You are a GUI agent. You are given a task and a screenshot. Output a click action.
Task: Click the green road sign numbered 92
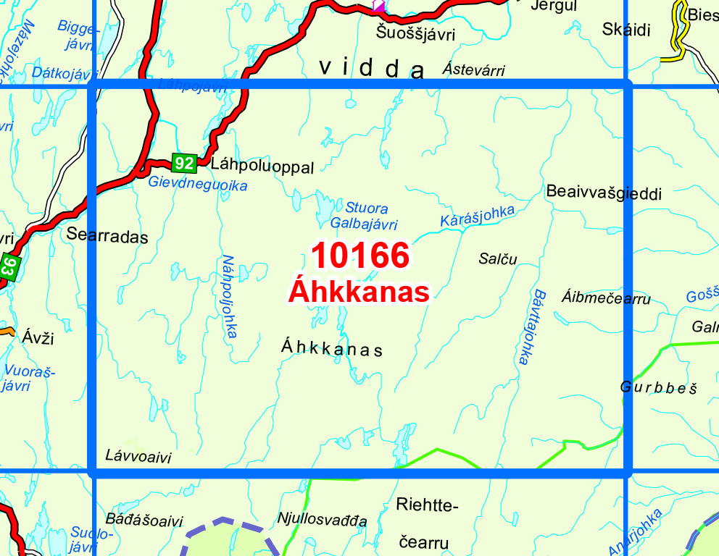tap(185, 163)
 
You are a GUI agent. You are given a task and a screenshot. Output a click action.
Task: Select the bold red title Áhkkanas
tap(359, 292)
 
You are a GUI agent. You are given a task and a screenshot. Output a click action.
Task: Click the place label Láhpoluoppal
tap(262, 167)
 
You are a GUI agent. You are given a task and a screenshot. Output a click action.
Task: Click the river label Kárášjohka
tap(478, 216)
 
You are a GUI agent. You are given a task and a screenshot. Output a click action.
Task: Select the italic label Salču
tap(498, 258)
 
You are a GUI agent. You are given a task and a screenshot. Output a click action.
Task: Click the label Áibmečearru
tap(606, 298)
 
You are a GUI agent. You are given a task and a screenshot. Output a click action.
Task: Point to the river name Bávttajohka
tap(528, 327)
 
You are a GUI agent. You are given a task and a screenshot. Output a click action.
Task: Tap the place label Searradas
tap(107, 236)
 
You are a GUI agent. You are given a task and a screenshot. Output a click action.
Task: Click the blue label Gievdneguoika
tap(198, 185)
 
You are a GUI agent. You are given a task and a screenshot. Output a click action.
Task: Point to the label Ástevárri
tap(473, 70)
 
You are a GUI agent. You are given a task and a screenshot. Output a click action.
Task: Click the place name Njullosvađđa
tap(322, 519)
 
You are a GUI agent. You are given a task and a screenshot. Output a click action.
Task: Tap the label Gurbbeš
tap(658, 387)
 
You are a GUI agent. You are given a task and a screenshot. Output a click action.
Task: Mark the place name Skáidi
tap(626, 29)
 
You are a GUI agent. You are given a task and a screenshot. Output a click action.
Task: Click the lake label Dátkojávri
tap(65, 73)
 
